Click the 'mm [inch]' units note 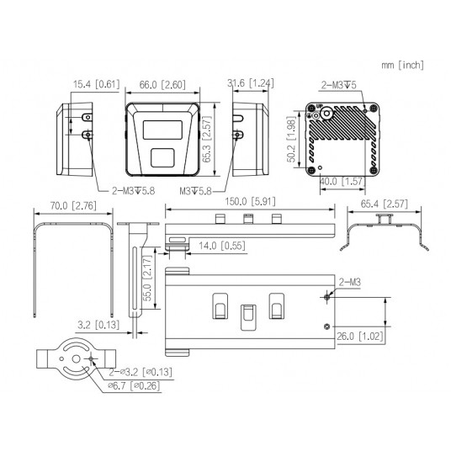pos(402,65)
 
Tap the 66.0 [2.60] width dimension pos(162,84)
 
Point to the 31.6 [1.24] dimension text pos(248,84)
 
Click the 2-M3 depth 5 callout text pos(342,84)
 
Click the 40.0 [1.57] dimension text pos(342,181)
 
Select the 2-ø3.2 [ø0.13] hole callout pos(142,372)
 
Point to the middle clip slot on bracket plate pos(248,313)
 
